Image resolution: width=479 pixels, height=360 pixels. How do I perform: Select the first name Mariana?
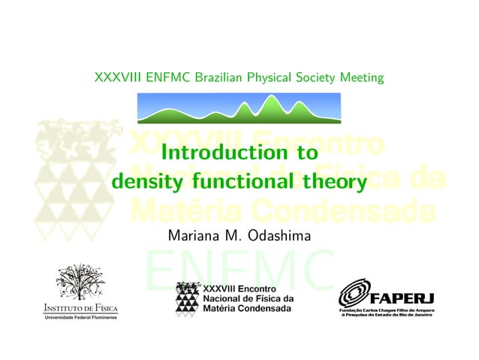point(196,235)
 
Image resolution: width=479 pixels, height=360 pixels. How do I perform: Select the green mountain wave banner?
point(239,107)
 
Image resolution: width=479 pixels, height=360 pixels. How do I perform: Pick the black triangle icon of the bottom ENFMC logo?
point(187,298)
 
